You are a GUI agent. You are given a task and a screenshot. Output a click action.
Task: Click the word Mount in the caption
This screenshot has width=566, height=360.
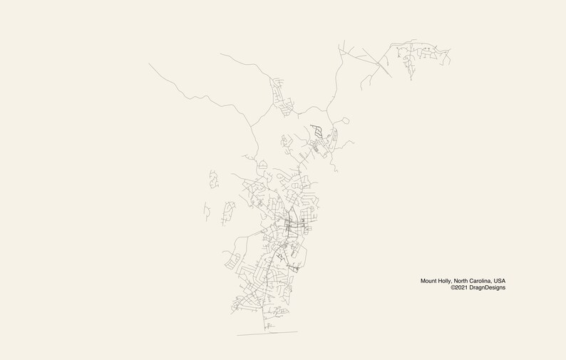429,281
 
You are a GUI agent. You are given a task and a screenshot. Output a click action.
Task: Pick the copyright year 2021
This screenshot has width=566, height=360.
463,288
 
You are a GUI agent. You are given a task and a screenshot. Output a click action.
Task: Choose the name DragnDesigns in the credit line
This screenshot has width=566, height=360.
489,288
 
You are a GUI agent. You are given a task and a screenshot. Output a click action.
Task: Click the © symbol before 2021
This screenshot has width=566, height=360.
453,288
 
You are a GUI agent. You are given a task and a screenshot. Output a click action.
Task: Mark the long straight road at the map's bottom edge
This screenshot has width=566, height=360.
267,333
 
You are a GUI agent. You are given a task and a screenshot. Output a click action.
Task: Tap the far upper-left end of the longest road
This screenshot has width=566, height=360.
150,64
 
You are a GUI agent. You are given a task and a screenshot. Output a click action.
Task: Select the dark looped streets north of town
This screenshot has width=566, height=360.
317,130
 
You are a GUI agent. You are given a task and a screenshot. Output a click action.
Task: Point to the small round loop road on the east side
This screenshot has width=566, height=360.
345,120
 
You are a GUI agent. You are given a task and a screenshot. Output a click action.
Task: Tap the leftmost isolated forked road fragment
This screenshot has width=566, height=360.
206,211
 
